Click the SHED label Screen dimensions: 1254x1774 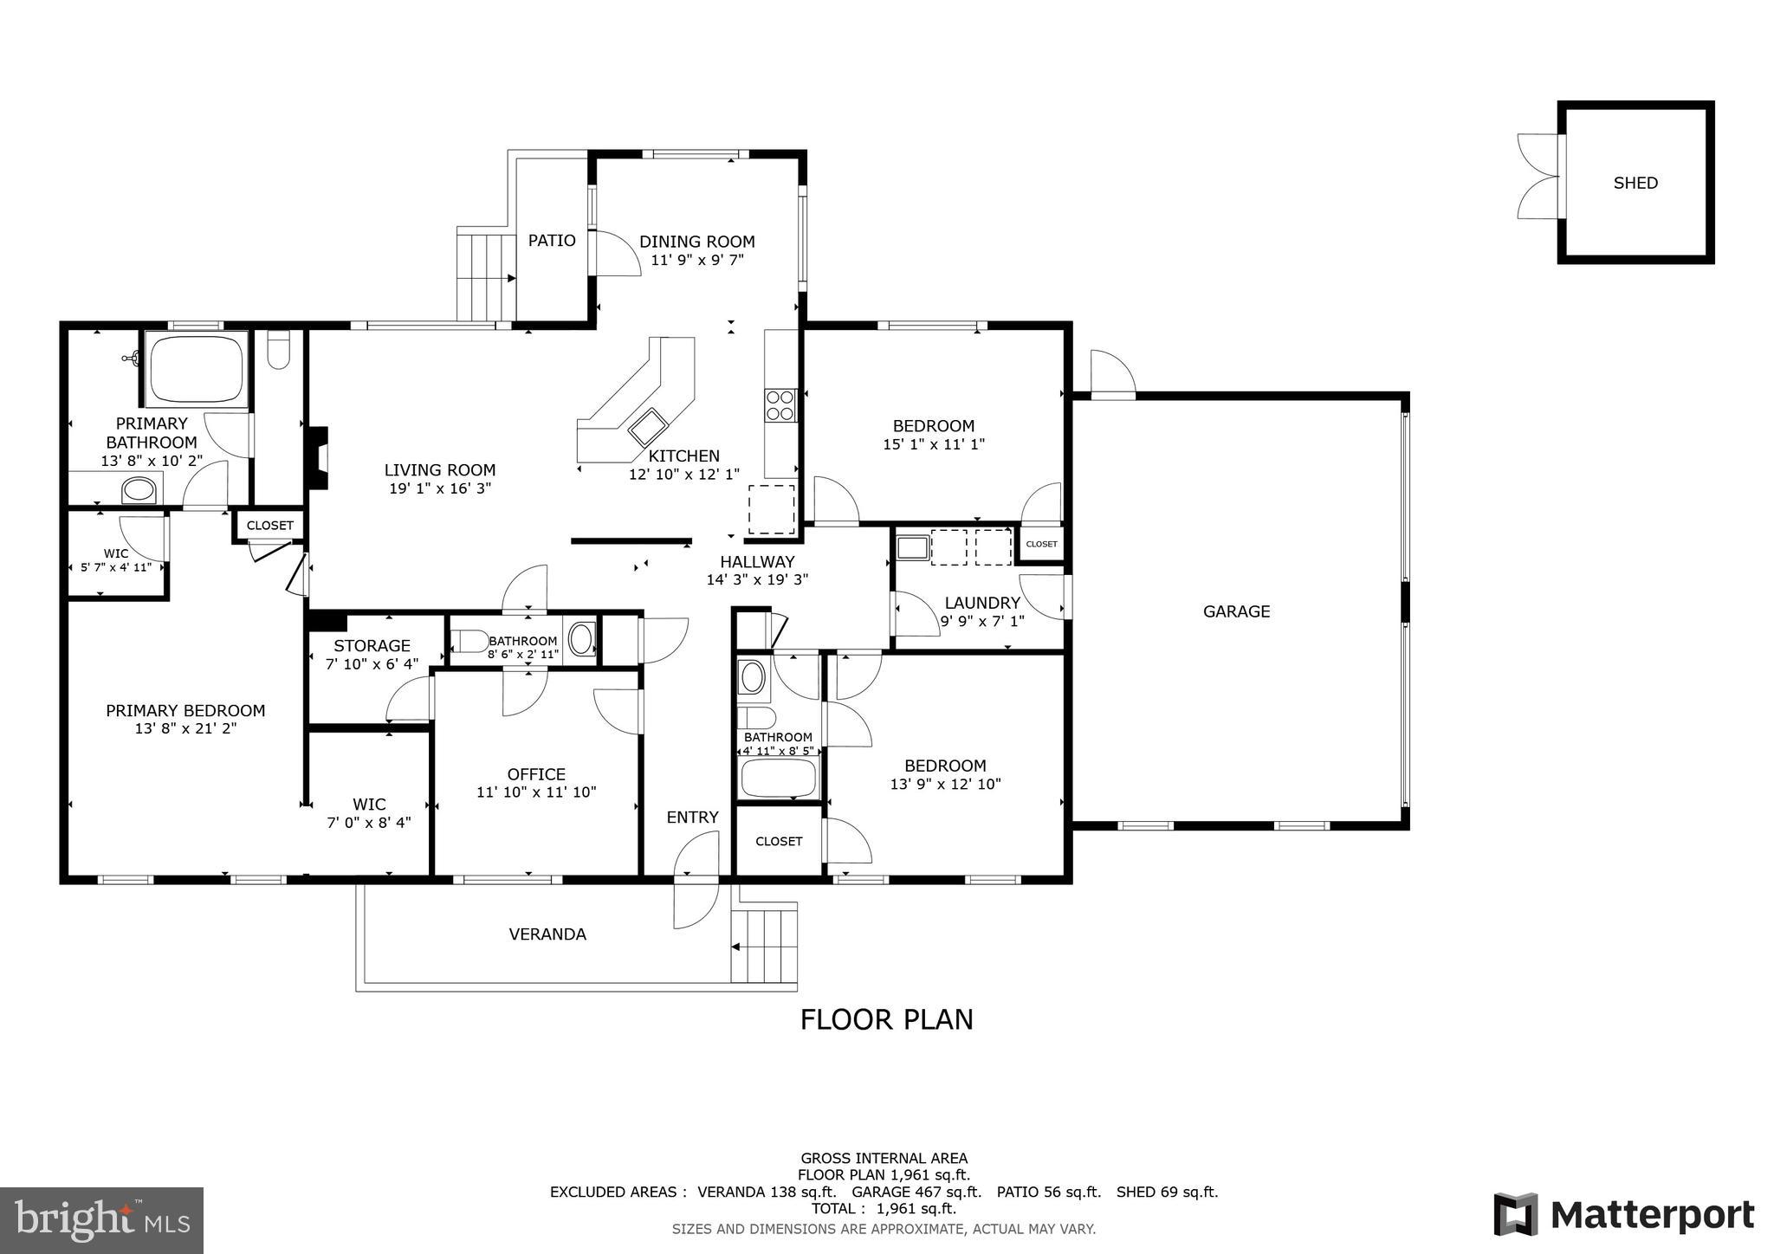(1635, 183)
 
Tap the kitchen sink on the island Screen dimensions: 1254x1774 (648, 425)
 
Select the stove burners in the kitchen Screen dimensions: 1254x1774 (780, 405)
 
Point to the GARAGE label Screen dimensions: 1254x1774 (1236, 611)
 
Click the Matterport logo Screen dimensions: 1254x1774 (1623, 1215)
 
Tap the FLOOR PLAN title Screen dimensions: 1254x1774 (886, 1019)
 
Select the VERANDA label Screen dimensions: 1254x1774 (547, 934)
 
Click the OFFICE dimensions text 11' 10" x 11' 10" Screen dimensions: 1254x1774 (536, 792)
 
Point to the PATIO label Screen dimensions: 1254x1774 (552, 241)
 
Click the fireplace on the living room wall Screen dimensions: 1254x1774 (318, 458)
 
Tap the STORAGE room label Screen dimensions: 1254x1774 (372, 646)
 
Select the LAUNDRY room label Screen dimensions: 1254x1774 (982, 603)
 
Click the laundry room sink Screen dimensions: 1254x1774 (912, 547)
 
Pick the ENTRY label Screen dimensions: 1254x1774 (692, 818)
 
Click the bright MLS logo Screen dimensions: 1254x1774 (101, 1220)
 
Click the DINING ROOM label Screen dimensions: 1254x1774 (697, 242)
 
